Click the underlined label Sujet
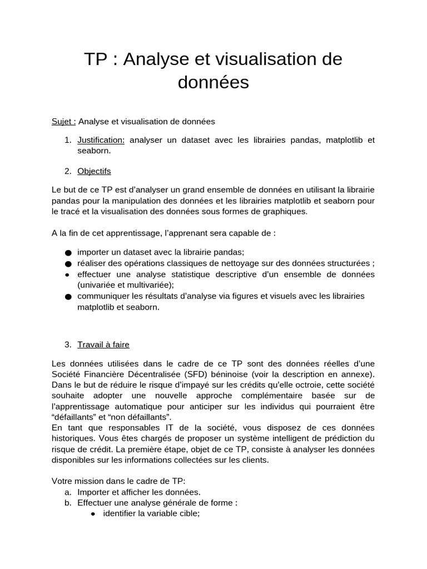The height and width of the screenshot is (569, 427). [x=63, y=121]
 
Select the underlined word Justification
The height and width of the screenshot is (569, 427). [x=101, y=139]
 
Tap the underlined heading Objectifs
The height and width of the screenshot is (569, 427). [x=94, y=171]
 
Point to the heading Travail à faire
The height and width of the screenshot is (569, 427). [x=103, y=344]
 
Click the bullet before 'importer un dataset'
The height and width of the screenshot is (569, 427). [x=68, y=253]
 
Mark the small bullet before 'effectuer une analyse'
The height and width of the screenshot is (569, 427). [x=67, y=274]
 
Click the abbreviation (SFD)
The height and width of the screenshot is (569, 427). [x=236, y=374]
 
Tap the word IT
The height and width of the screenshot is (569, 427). [x=155, y=427]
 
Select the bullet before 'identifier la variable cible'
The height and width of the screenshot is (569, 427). [x=93, y=514]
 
